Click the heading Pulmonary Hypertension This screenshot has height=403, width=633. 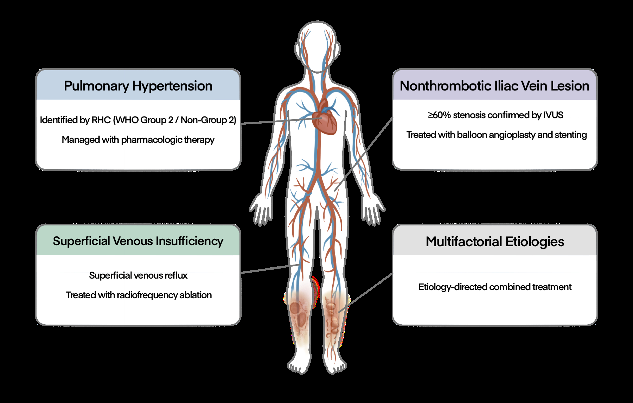(x=138, y=86)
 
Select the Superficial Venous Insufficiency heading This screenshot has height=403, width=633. (x=138, y=241)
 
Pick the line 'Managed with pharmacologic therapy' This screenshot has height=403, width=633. (x=138, y=140)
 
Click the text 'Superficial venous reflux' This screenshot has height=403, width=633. (x=138, y=275)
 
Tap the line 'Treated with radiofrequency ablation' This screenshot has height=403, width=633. (x=139, y=295)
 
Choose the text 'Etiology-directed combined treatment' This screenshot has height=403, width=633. (x=495, y=287)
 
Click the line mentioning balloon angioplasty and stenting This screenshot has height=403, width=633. (x=496, y=135)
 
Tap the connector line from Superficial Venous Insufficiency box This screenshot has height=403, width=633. (x=268, y=269)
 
